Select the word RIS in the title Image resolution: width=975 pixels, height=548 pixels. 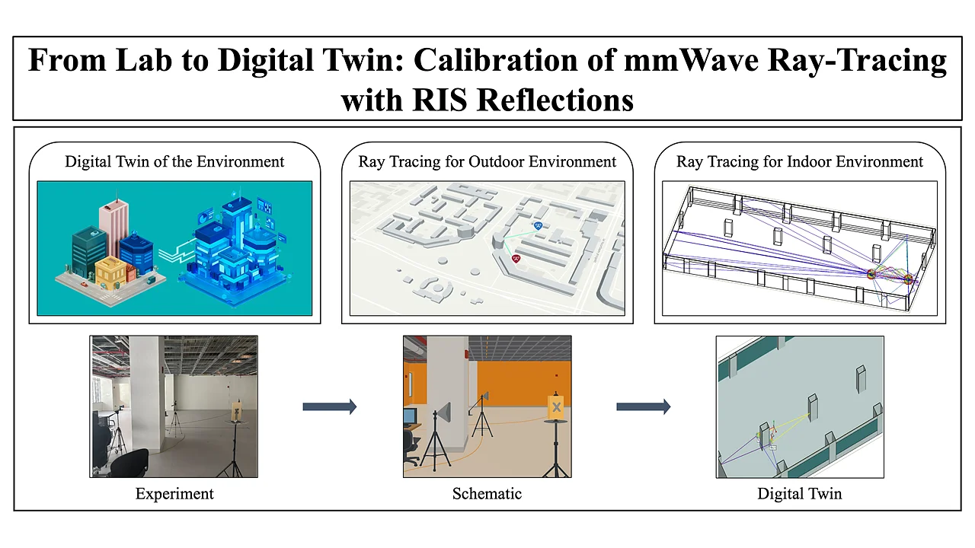(440, 100)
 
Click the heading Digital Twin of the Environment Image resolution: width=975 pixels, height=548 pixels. (174, 162)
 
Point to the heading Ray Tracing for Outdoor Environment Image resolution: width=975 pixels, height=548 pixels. (487, 162)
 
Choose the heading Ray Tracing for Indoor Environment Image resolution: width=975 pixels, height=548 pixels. (800, 162)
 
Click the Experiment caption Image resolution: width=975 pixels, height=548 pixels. (174, 494)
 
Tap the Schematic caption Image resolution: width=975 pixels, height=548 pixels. (487, 494)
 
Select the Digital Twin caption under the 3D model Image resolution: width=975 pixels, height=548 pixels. (800, 494)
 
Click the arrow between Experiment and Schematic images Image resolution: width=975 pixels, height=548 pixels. (330, 406)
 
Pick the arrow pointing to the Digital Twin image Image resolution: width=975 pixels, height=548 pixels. (644, 406)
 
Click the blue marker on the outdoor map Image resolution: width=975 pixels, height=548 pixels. (539, 226)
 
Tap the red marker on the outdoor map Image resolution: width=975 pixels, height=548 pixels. (516, 260)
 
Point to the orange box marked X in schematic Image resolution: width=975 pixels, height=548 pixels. (556, 407)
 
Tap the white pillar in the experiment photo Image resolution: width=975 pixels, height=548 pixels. (147, 391)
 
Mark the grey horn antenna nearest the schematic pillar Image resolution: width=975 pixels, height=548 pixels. (444, 412)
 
